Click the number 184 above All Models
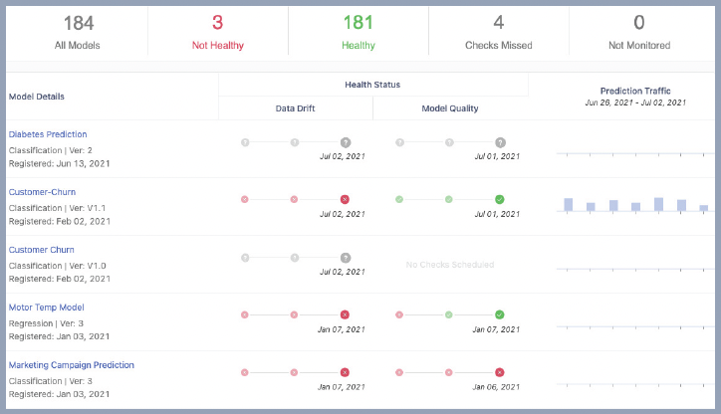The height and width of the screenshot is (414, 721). click(79, 23)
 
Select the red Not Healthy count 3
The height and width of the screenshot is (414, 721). click(217, 23)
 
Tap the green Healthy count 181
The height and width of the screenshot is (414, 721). click(358, 23)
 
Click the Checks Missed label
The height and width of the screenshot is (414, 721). click(500, 46)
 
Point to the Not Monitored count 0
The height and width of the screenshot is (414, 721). click(638, 23)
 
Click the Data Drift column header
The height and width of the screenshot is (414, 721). click(296, 108)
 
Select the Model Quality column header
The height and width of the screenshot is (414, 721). click(450, 108)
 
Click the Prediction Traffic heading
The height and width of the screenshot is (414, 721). click(635, 91)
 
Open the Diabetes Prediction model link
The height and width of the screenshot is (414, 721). click(48, 134)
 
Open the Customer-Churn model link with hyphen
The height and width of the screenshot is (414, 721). click(42, 192)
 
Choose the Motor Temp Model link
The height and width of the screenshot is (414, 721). click(47, 308)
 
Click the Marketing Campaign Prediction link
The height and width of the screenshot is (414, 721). click(72, 365)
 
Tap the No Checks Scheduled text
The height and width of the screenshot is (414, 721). click(449, 264)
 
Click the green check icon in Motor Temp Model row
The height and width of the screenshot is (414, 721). click(500, 314)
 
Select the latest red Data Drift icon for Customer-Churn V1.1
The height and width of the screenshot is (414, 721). click(345, 199)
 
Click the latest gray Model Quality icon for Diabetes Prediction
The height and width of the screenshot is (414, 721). click(500, 142)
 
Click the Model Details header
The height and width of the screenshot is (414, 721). click(37, 97)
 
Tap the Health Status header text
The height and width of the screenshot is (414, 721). click(372, 85)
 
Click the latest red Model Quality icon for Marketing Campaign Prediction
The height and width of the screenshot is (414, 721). click(500, 372)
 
